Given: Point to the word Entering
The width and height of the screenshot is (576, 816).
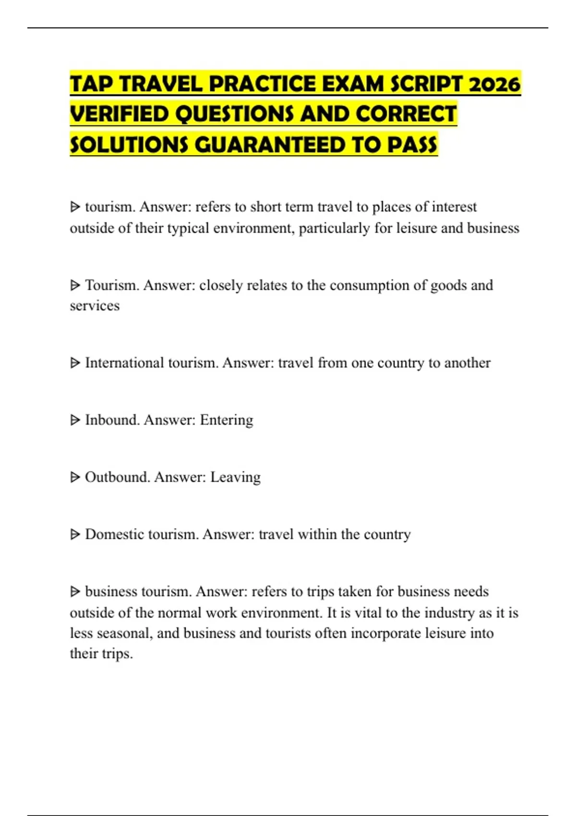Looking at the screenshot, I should click(226, 420).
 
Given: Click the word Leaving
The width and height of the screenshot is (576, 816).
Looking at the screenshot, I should click(235, 477).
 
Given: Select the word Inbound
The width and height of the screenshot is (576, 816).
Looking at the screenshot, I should click(112, 420).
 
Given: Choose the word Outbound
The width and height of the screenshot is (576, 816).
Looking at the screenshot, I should click(117, 477).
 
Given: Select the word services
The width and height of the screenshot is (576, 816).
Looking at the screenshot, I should click(95, 306).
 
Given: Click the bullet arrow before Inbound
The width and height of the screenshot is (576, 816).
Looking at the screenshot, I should click(75, 420).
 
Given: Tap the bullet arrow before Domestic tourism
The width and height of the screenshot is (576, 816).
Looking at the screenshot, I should click(75, 535).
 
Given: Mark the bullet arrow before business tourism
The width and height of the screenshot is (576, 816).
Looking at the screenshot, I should click(75, 592).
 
